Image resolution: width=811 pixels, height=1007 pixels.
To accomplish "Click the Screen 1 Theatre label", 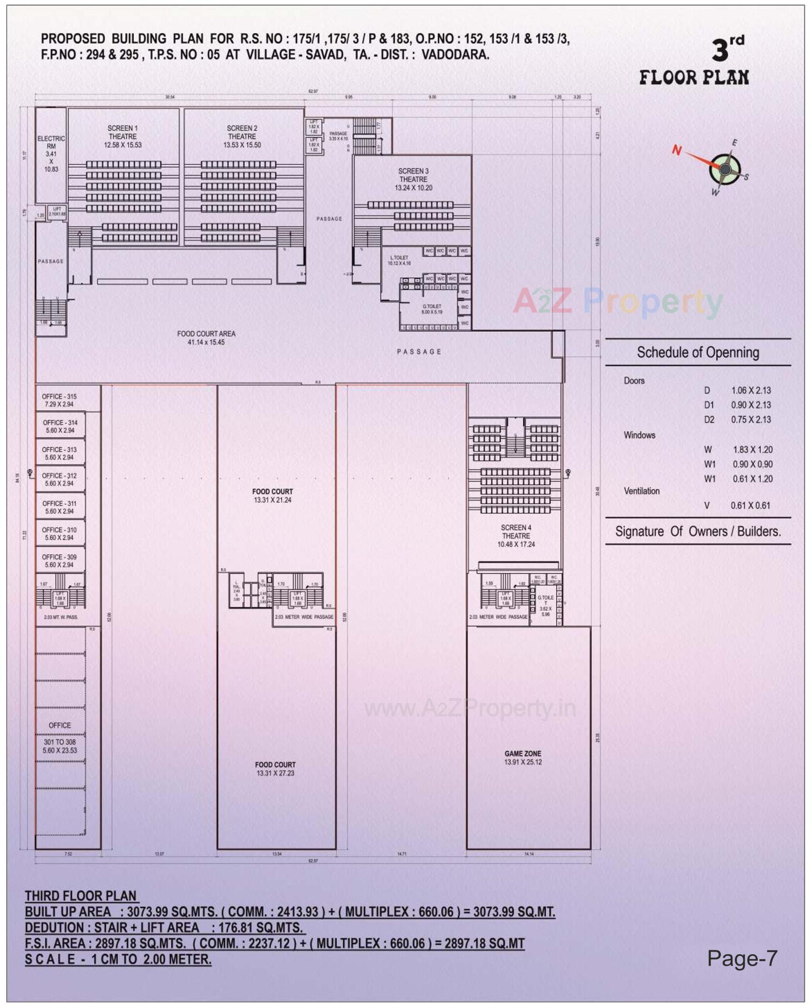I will pyautogui.click(x=122, y=136).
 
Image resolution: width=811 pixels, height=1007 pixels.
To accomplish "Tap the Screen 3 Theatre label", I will pyautogui.click(x=414, y=179).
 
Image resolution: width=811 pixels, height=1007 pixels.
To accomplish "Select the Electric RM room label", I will pyautogui.click(x=52, y=154).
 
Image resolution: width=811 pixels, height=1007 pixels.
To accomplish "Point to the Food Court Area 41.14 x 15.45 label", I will pyautogui.click(x=206, y=338).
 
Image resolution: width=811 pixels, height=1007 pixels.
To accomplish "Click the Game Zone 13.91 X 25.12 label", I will pyautogui.click(x=523, y=757).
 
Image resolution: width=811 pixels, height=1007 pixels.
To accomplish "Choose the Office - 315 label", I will pyautogui.click(x=59, y=400).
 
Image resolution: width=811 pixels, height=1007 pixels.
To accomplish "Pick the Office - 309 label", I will pyautogui.click(x=59, y=560).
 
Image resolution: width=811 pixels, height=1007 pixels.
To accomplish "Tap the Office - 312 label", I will pyautogui.click(x=59, y=479).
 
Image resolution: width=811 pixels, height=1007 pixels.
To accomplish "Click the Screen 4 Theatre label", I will pyautogui.click(x=516, y=536).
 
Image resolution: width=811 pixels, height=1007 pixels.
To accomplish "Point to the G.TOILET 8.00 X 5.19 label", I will pyautogui.click(x=432, y=309).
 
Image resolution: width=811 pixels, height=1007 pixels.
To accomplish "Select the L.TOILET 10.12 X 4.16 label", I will pyautogui.click(x=399, y=260).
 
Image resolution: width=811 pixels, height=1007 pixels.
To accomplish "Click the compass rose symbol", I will pyautogui.click(x=724, y=169).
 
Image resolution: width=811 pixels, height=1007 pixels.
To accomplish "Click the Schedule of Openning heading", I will pyautogui.click(x=698, y=352).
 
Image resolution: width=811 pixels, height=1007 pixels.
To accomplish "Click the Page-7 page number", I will pyautogui.click(x=742, y=958).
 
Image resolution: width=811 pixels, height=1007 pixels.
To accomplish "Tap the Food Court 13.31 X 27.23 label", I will pyautogui.click(x=275, y=769).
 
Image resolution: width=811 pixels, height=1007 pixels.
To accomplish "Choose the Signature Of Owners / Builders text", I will pyautogui.click(x=698, y=532).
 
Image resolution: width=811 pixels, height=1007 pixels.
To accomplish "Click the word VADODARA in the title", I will pyautogui.click(x=455, y=54).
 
